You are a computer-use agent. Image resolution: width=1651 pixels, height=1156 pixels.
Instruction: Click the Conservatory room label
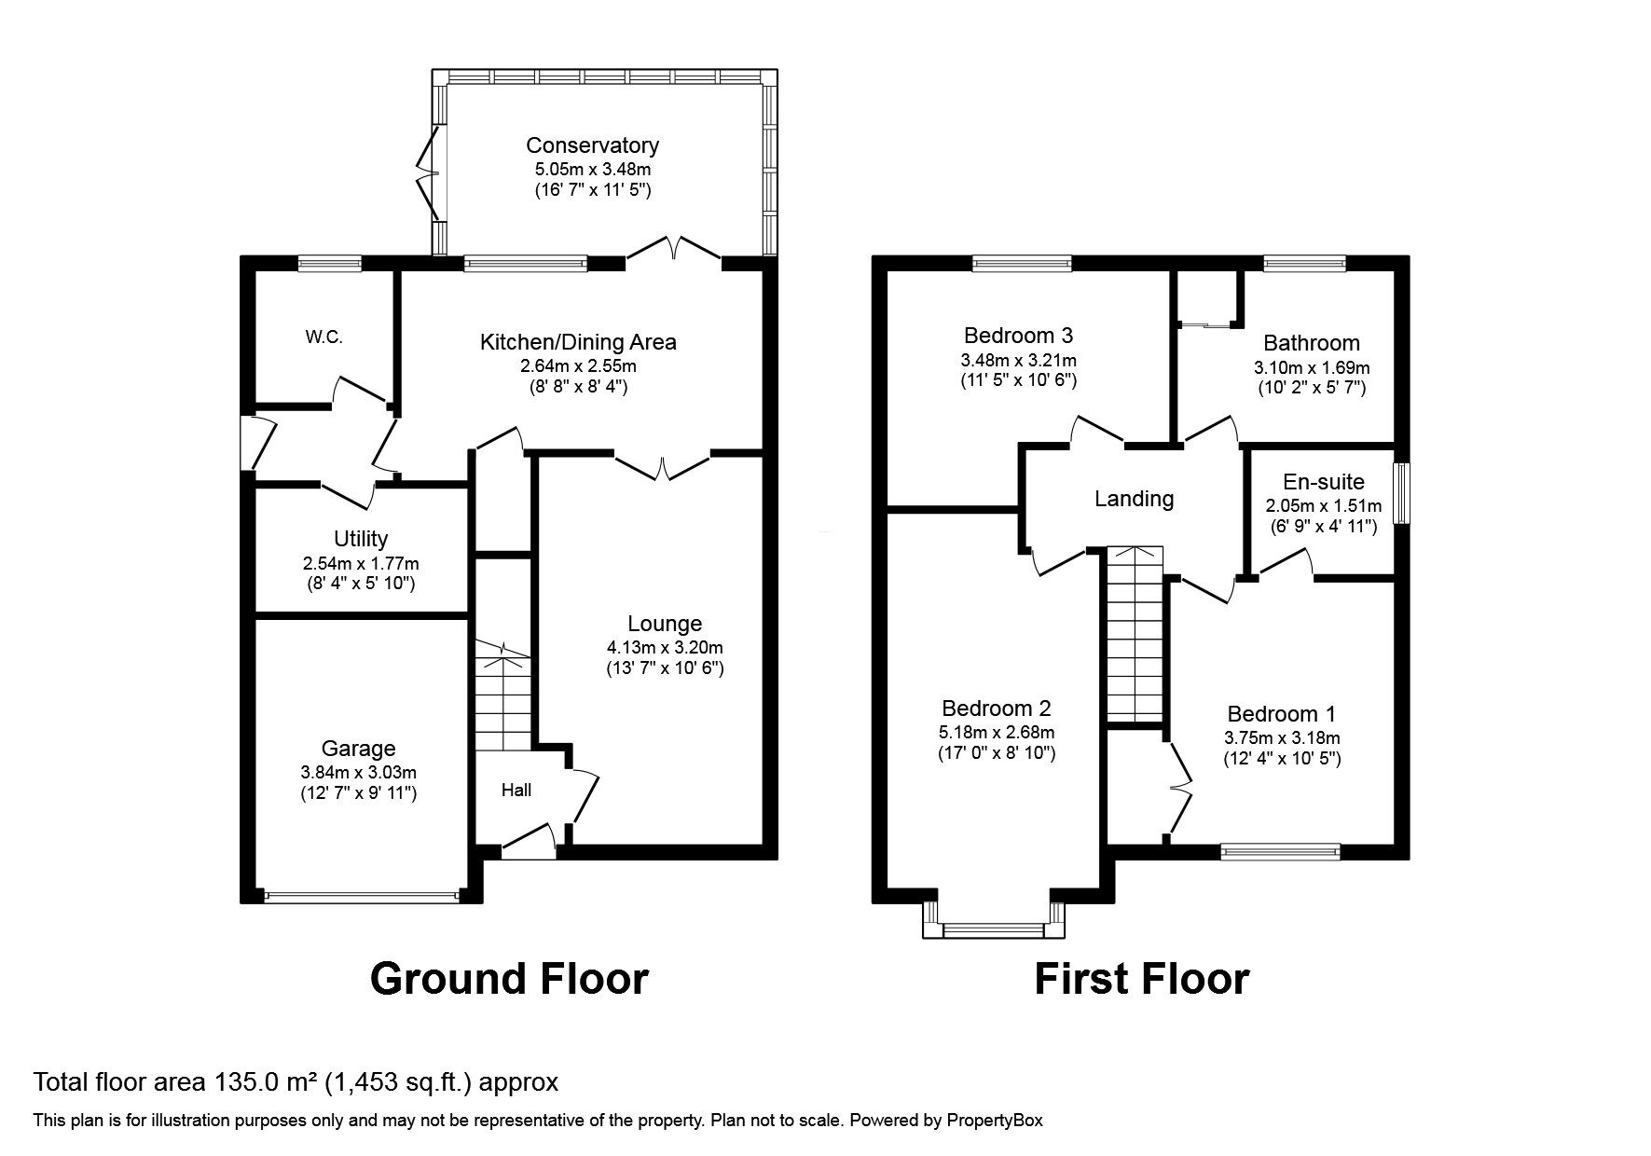pyautogui.click(x=592, y=145)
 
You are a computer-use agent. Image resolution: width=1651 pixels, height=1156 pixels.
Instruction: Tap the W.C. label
pyautogui.click(x=323, y=337)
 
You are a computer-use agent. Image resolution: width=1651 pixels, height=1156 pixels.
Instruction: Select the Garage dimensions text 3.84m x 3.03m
pyautogui.click(x=359, y=772)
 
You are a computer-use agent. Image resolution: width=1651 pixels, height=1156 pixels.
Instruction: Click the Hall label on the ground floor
pyautogui.click(x=516, y=791)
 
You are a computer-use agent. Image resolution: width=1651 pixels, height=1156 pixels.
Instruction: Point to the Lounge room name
pyautogui.click(x=664, y=624)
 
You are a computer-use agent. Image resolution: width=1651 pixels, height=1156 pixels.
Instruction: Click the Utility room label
pyautogui.click(x=361, y=539)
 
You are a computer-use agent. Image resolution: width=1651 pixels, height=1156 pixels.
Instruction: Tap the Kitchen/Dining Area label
pyautogui.click(x=578, y=342)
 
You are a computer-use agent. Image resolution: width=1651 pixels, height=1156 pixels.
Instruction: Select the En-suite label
pyautogui.click(x=1323, y=482)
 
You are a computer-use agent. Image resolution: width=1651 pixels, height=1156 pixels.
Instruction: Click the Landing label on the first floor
pyautogui.click(x=1134, y=499)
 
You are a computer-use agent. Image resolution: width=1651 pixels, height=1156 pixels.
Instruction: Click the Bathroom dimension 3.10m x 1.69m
pyautogui.click(x=1312, y=367)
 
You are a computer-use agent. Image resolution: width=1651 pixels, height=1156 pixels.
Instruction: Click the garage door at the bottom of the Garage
pyautogui.click(x=362, y=897)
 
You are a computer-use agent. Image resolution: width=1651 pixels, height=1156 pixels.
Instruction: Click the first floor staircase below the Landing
pyautogui.click(x=1135, y=634)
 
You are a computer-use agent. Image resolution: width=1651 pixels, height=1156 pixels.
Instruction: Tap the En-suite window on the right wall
pyautogui.click(x=1401, y=494)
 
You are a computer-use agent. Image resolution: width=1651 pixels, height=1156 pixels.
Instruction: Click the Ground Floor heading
pyautogui.click(x=509, y=980)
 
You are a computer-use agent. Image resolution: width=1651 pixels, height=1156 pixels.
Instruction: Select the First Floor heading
pyautogui.click(x=1141, y=980)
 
